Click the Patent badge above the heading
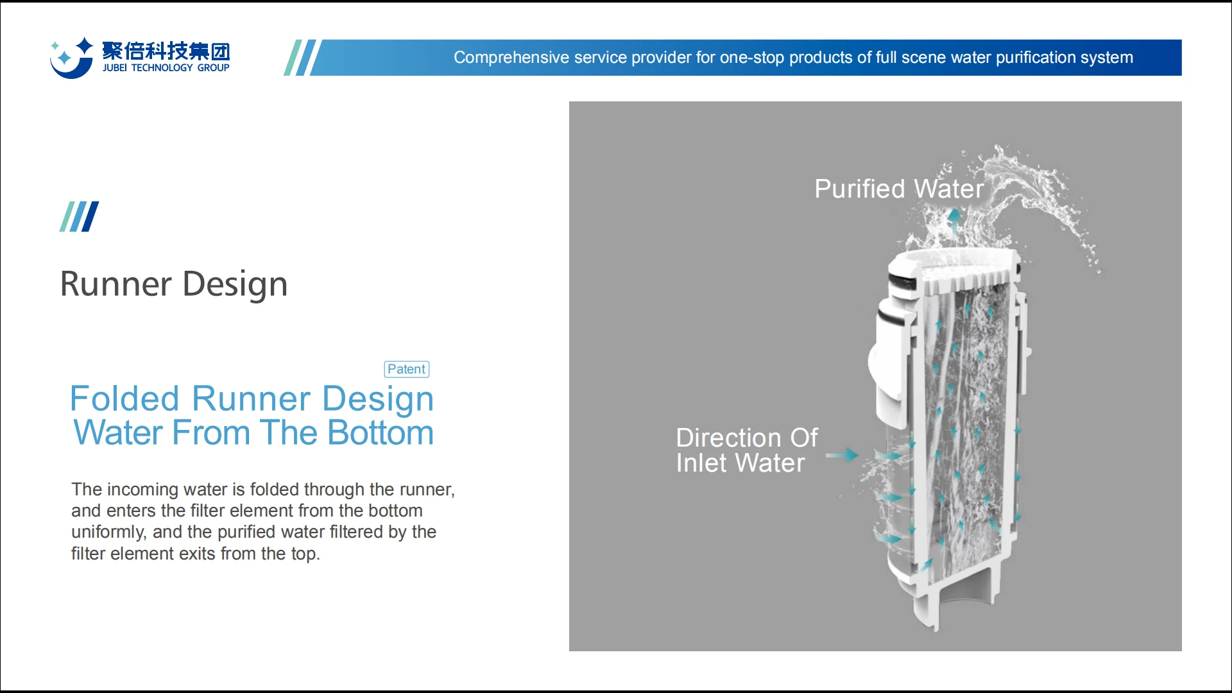(x=406, y=369)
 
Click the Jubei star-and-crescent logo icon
(x=71, y=58)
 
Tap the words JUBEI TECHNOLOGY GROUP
(x=166, y=67)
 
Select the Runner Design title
(x=173, y=284)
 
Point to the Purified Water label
(x=898, y=189)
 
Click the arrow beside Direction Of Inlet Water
(x=842, y=455)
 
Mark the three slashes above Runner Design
(x=79, y=216)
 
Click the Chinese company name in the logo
(x=166, y=51)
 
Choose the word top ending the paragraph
(x=304, y=554)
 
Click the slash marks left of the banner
(x=300, y=58)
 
